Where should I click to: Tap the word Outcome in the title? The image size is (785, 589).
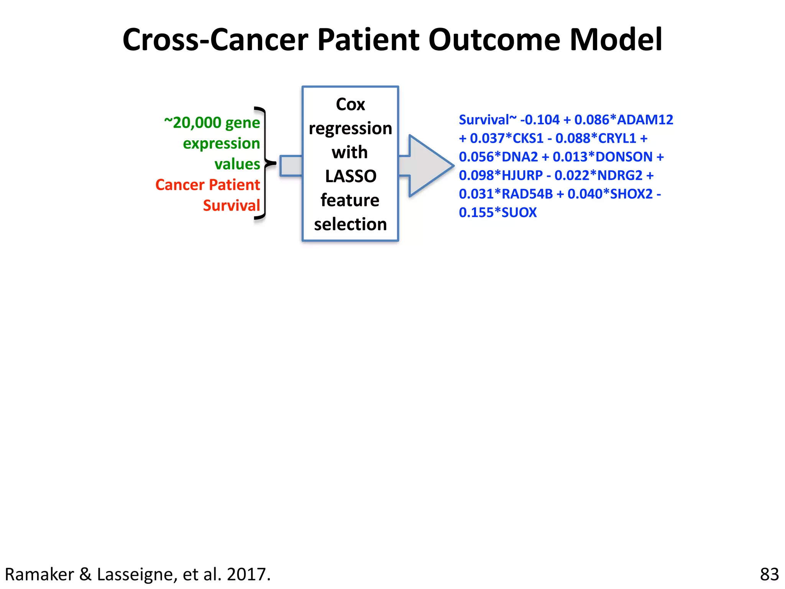click(494, 39)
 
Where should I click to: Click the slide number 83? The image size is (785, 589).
click(769, 574)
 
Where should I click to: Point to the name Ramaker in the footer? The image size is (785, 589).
click(39, 574)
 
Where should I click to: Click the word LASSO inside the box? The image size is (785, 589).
click(351, 176)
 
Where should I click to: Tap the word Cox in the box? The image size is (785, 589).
click(350, 104)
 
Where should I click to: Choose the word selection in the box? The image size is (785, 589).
click(350, 224)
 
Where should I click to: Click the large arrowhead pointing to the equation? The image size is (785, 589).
click(429, 166)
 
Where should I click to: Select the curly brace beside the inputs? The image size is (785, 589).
click(264, 163)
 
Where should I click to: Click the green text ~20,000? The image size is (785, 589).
click(193, 123)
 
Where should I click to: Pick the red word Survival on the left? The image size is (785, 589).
click(232, 206)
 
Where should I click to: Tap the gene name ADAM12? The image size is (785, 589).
click(645, 120)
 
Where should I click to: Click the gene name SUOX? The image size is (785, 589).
click(519, 212)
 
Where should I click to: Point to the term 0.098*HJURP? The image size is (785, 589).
click(501, 175)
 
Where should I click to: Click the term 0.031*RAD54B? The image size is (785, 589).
click(506, 194)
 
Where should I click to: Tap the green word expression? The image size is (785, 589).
click(221, 143)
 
